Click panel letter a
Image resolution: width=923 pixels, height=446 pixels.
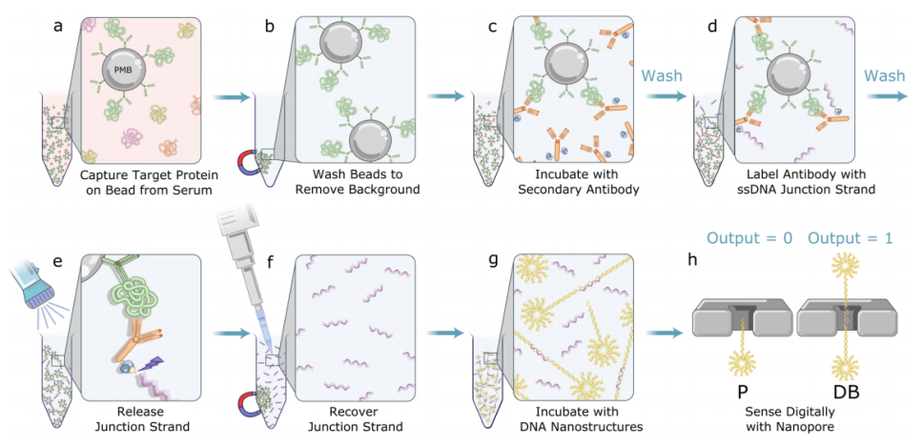59,26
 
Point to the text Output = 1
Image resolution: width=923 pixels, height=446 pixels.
851,238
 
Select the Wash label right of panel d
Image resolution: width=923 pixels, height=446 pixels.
885,75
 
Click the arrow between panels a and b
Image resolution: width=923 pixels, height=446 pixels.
230,96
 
